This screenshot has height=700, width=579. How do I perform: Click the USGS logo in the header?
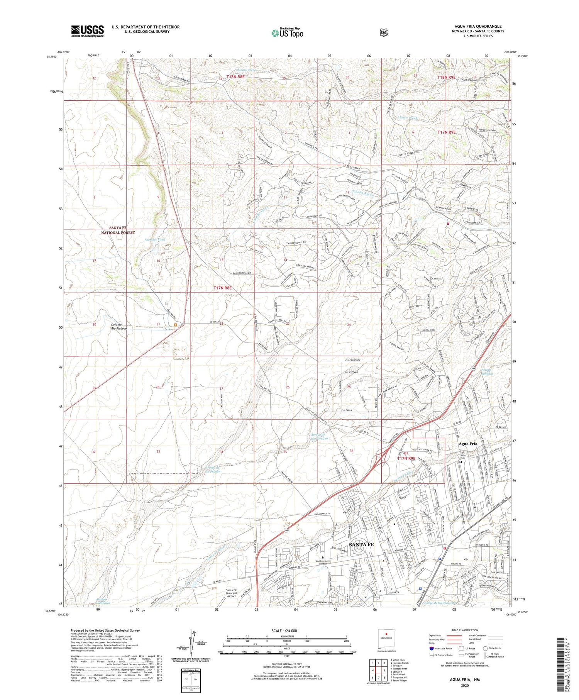pos(87,31)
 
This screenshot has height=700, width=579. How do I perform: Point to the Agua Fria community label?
pos(468,444)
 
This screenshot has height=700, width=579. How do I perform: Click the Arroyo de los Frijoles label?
pos(213,469)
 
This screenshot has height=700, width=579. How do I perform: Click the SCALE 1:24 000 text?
pos(286,631)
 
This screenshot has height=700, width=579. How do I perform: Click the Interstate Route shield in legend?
pos(431,648)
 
